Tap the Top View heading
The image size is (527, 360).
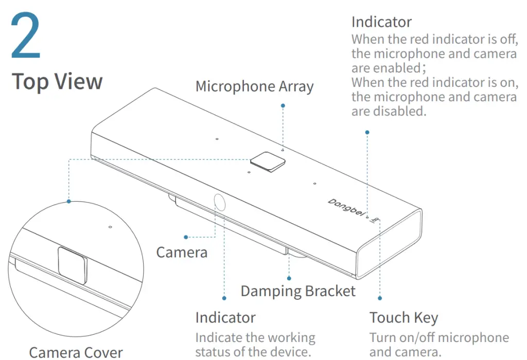(x=57, y=82)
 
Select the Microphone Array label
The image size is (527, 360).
(x=254, y=86)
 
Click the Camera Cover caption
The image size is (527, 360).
(x=76, y=352)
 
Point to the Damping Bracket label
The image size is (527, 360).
(x=298, y=291)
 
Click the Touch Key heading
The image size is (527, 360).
(x=403, y=317)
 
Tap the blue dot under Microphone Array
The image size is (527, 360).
(x=283, y=105)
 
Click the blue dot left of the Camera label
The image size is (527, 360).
(x=185, y=237)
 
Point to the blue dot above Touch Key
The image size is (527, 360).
(x=380, y=298)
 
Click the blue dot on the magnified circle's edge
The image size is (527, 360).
(x=68, y=202)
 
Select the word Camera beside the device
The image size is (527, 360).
(x=182, y=252)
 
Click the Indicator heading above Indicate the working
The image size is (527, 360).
(x=225, y=317)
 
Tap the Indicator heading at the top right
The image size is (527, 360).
(x=381, y=22)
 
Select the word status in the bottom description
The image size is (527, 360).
(x=216, y=352)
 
